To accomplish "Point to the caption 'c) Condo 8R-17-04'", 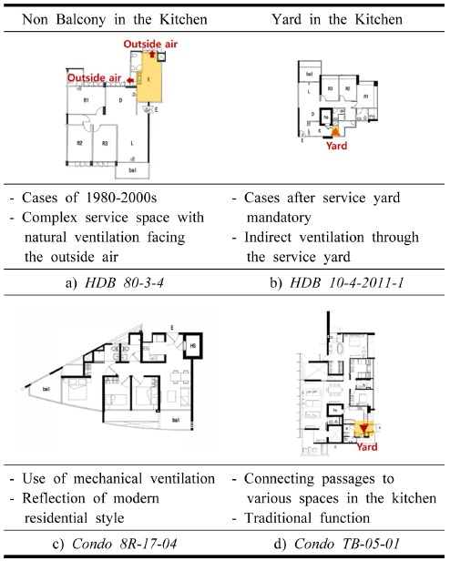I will click(x=114, y=546).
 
